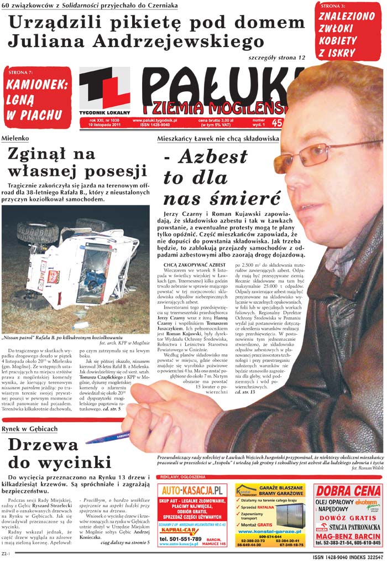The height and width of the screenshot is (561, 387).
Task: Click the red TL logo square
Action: tap(104, 89)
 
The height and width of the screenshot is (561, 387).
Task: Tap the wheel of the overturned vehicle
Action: tap(36, 232)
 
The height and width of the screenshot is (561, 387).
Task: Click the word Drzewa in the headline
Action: tap(43, 445)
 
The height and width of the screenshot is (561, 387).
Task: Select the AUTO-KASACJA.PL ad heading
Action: tap(192, 490)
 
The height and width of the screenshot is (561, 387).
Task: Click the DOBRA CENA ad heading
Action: tap(347, 491)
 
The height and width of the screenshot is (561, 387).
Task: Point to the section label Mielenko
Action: tap(15, 137)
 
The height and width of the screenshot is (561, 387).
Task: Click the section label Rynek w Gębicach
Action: tap(29, 429)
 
